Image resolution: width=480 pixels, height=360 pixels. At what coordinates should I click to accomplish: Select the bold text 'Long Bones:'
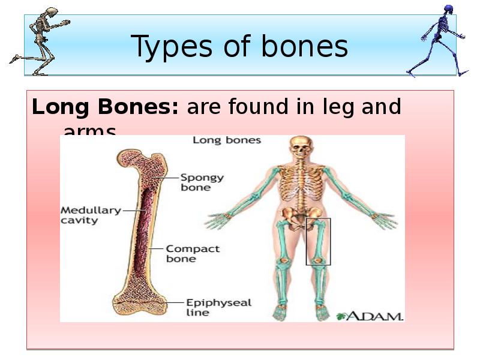click(105, 107)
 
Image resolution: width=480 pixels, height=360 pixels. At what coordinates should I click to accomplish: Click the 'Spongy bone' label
click(202, 182)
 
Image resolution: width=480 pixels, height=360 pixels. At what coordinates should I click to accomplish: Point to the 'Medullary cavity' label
click(91, 215)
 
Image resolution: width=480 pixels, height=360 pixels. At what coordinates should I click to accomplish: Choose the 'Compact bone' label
click(193, 254)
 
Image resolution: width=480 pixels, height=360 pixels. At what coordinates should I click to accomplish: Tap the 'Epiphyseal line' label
click(210, 307)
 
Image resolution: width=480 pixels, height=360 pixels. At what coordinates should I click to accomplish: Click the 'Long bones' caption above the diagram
click(227, 140)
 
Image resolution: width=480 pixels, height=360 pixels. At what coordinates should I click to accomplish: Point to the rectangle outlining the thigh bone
click(318, 241)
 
